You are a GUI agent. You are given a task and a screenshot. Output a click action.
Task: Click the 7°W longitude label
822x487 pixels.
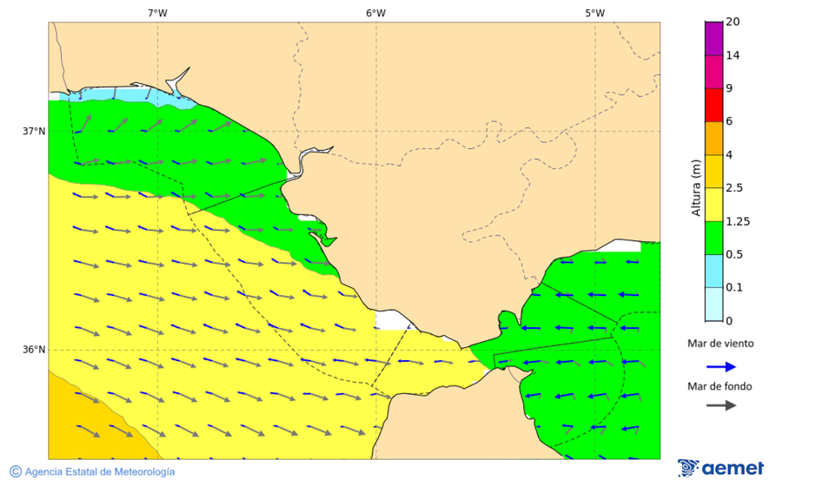[157, 13]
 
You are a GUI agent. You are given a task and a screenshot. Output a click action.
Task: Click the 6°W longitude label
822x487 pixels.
[375, 13]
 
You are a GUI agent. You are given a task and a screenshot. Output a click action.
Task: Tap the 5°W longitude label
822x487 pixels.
[595, 13]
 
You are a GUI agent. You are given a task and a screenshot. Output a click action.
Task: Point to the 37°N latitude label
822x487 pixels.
[34, 131]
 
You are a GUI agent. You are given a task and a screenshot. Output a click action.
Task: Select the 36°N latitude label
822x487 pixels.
[34, 349]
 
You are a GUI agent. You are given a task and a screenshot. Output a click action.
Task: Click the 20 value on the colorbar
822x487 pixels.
[732, 22]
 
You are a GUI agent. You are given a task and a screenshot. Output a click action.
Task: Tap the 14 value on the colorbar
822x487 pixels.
[732, 56]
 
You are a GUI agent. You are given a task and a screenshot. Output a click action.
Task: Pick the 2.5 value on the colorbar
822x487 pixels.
[734, 188]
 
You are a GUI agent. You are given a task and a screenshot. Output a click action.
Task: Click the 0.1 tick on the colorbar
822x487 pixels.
[734, 288]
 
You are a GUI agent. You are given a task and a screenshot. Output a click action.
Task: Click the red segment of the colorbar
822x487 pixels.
[714, 104]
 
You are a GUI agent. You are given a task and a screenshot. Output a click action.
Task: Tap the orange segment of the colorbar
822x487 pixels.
[714, 138]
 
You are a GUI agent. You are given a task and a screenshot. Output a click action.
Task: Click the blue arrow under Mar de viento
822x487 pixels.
[721, 366]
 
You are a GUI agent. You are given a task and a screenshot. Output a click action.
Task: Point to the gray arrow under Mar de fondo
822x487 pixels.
[721, 405]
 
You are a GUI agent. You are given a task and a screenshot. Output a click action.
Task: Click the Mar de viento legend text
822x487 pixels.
[721, 344]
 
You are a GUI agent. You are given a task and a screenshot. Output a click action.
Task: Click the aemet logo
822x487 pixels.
[721, 468]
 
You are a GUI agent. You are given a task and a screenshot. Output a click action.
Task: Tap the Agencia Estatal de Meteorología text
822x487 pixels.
[100, 472]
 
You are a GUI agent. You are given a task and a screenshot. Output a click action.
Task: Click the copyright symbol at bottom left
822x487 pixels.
[16, 471]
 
